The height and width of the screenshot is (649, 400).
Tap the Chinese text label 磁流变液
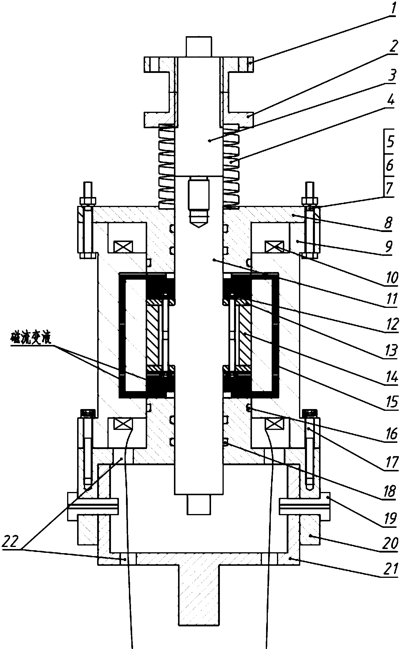tap(31, 339)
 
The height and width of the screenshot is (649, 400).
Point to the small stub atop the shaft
tap(199, 47)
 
